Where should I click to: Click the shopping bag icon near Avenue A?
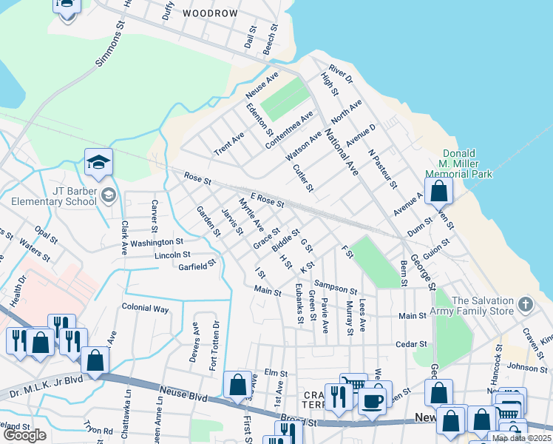click(438, 191)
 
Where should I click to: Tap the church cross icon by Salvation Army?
click(525, 304)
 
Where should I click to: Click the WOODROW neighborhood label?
click(210, 13)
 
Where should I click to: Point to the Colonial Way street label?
click(145, 308)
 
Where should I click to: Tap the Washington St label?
click(157, 242)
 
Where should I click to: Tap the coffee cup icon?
click(372, 400)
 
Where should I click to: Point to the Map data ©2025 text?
click(520, 438)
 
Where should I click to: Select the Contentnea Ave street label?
click(291, 127)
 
